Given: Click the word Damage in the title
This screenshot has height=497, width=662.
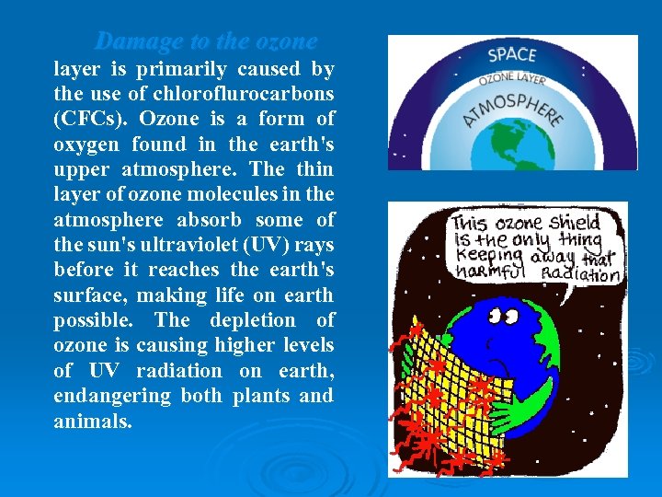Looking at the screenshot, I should coord(133,42).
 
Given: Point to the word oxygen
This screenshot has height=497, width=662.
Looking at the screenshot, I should coord(86,144).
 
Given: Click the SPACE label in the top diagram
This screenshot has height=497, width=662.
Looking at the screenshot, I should coord(512,54).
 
